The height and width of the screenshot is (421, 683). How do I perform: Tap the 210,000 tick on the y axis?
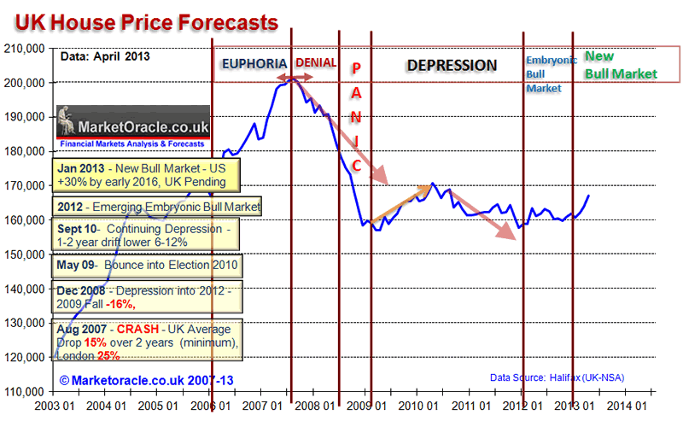25,49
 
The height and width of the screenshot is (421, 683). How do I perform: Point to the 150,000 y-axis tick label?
25,254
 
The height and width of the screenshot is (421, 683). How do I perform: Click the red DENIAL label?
316,64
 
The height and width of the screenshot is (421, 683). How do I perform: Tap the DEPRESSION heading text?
451,65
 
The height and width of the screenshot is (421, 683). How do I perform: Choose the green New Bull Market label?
621,65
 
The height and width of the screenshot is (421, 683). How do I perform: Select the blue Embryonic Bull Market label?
544,73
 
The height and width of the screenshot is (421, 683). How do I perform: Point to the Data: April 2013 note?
105,57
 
